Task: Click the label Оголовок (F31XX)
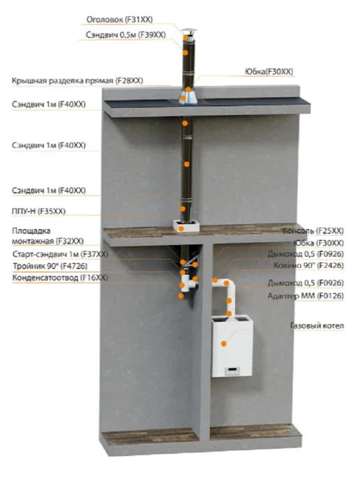tap(119, 20)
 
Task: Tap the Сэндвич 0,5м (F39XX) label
tap(126, 35)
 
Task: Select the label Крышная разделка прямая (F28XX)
tap(77, 81)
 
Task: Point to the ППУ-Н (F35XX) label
tap(38, 211)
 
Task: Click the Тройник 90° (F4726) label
tap(50, 266)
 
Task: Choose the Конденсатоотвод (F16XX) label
tap(60, 278)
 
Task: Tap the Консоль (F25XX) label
tap(313, 230)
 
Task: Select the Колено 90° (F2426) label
tap(308, 265)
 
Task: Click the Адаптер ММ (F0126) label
tap(306, 296)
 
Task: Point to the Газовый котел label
tap(317, 326)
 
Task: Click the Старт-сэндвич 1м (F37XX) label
tap(60, 255)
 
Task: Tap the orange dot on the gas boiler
tap(224, 344)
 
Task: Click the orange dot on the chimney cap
tap(186, 37)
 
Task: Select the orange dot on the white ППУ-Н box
tap(181, 228)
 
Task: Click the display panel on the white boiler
tap(232, 371)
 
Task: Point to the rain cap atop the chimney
tap(188, 32)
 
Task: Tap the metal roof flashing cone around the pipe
tap(188, 97)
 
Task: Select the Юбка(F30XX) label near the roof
tap(269, 72)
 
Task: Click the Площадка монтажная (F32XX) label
tap(47, 236)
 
